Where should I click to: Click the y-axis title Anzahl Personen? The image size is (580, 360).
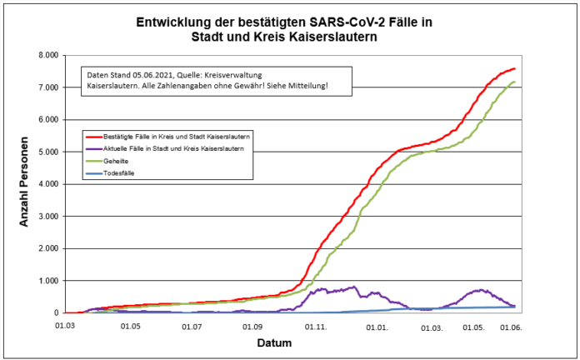[x=26, y=182]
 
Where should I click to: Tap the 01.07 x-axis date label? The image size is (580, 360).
[x=192, y=327]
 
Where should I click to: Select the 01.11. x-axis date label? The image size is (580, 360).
[x=316, y=327]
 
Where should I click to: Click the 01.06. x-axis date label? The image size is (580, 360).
[x=510, y=327]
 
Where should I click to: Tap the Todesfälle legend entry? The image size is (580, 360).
[x=122, y=173]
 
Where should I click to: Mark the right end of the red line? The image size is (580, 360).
[x=515, y=68]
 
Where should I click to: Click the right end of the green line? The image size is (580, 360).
[x=515, y=82]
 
